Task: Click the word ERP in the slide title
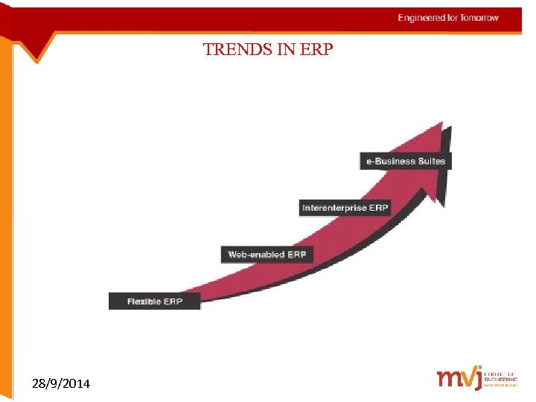(319, 51)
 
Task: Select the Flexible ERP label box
(154, 301)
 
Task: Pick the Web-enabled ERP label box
(267, 254)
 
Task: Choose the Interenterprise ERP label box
(345, 208)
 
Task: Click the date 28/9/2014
(61, 384)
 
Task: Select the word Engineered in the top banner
(421, 18)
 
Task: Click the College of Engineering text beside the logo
(500, 379)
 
